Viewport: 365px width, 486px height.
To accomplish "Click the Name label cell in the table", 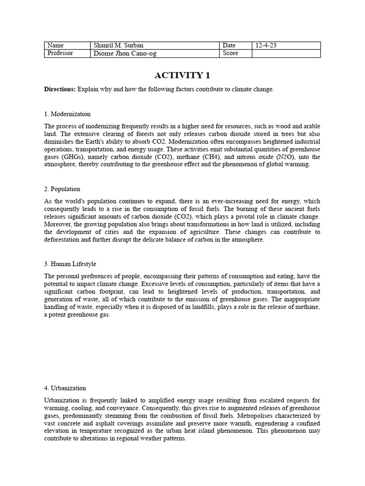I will [67, 46].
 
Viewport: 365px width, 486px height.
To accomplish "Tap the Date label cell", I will [236, 46].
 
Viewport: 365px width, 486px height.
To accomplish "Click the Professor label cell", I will [67, 53].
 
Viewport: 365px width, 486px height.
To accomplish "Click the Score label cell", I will [236, 53].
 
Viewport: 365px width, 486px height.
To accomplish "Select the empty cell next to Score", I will [286, 53].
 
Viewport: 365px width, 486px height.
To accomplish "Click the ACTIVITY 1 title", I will [182, 75].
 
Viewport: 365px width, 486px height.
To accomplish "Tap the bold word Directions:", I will [60, 89].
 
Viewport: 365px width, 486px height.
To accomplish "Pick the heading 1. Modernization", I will [67, 114].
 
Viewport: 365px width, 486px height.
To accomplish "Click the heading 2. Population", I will [62, 189].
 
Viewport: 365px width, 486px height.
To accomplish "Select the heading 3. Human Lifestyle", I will [70, 264].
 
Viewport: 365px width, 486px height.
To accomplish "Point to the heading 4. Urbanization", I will [65, 388].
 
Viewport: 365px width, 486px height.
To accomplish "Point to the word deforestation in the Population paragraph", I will [64, 240].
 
